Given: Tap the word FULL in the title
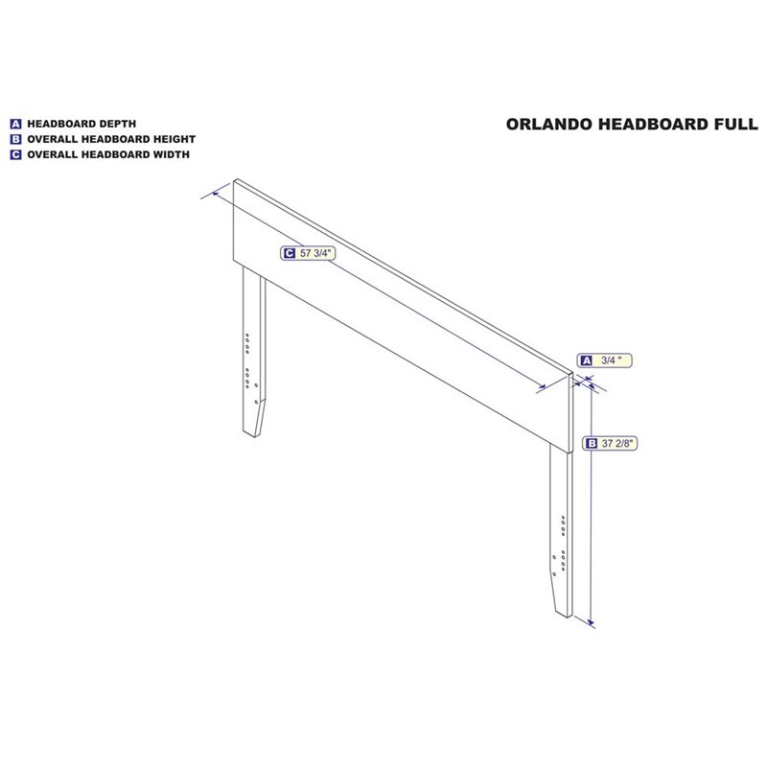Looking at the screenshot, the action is tap(736, 125).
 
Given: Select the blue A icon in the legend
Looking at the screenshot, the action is tap(15, 125).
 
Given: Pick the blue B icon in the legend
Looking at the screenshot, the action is tap(15, 139).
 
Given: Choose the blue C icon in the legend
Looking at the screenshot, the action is tap(15, 154).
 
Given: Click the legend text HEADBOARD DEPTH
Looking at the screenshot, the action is tap(81, 124).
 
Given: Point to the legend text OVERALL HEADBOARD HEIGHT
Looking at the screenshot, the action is tap(111, 139).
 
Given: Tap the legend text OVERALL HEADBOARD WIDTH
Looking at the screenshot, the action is tap(108, 154).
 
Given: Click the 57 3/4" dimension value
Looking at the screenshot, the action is tap(315, 253).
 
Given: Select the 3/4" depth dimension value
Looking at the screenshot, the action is tap(612, 360).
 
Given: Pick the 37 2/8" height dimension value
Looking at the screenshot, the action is tap(617, 444).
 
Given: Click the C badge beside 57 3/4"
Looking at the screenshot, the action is tap(290, 253).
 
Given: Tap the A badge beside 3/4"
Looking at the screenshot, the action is tap(586, 360).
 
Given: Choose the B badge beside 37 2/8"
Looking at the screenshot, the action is tap(592, 444).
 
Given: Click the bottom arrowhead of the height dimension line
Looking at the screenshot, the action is tap(592, 623).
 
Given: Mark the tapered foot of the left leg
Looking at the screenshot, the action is tap(254, 418).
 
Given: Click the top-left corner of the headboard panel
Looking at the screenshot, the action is tap(234, 180).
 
